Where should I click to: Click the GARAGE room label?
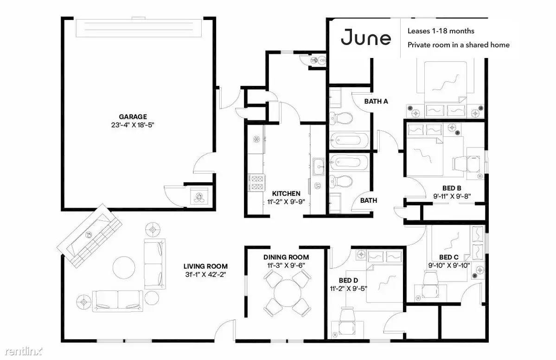[x=133, y=117]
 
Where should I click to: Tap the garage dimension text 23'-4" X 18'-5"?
[x=133, y=125]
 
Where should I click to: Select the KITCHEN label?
[x=286, y=193]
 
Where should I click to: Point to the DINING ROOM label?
[x=286, y=257]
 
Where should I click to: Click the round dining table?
[x=287, y=293]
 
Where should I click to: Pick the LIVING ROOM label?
[x=206, y=266]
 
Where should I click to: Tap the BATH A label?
[x=376, y=102]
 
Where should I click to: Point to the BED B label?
[x=452, y=188]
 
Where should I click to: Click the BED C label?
[x=449, y=257]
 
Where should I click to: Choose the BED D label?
[x=348, y=281]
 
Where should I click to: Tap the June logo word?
[x=366, y=38]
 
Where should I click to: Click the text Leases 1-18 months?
[x=441, y=31]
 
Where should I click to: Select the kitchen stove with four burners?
[x=256, y=183]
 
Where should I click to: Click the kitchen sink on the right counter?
[x=319, y=167]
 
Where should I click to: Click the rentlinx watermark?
[x=24, y=351]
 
